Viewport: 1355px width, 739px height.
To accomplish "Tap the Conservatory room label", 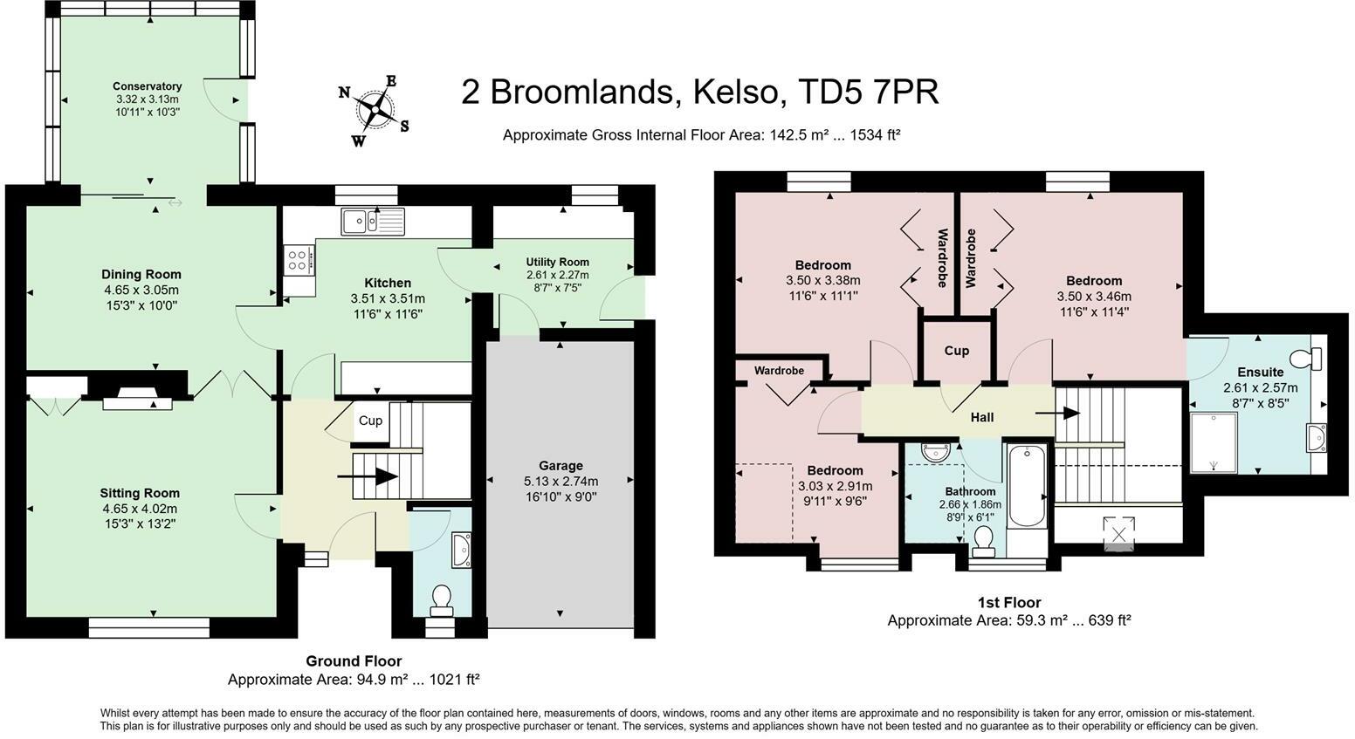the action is pyautogui.click(x=147, y=86).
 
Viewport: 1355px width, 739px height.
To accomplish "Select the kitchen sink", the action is pyautogui.click(x=373, y=222).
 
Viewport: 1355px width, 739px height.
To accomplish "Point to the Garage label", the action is pyautogui.click(x=561, y=466).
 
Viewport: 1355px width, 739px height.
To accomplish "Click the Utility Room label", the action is pyautogui.click(x=557, y=262).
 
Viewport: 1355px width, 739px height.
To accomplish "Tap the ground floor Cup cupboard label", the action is pyautogui.click(x=370, y=421).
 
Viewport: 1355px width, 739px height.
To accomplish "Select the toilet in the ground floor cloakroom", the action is pyautogui.click(x=442, y=599).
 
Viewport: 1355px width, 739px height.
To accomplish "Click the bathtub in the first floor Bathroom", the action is pyautogui.click(x=1027, y=486).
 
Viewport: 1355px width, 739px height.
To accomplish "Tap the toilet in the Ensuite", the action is pyautogui.click(x=1306, y=359).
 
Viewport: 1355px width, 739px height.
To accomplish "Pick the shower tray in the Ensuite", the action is pyautogui.click(x=1214, y=442).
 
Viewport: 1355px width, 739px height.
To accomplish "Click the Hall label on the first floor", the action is pyautogui.click(x=982, y=417).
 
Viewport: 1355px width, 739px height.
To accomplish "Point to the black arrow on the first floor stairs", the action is pyautogui.click(x=1057, y=414).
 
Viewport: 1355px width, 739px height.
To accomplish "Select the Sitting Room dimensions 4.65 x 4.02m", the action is pyautogui.click(x=140, y=509).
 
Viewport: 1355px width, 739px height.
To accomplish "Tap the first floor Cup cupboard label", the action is pyautogui.click(x=956, y=351).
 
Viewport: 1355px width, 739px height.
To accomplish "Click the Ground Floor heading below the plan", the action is pyautogui.click(x=354, y=661).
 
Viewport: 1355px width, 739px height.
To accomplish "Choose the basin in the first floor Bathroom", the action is pyautogui.click(x=937, y=451).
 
